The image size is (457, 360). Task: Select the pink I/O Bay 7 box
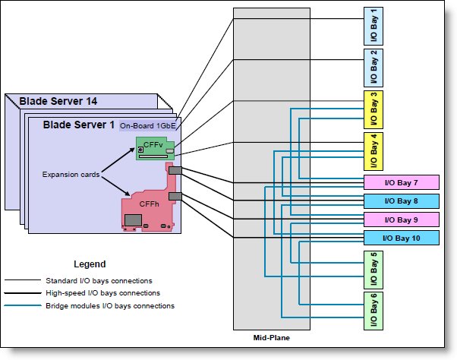coord(402,182)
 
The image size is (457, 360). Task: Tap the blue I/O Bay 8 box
coord(402,201)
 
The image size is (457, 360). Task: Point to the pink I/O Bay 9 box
coord(402,219)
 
